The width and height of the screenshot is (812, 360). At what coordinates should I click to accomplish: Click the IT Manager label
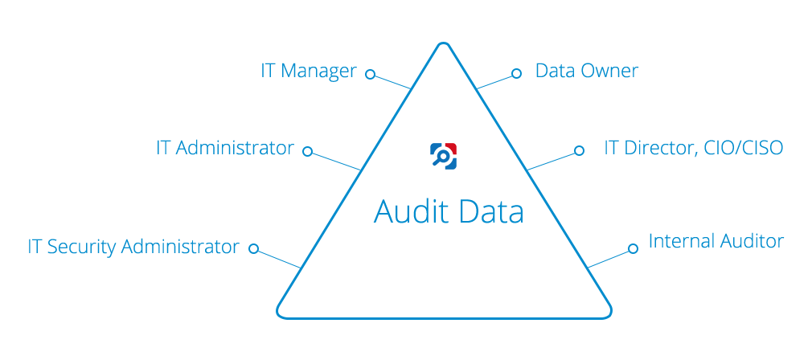pos(309,72)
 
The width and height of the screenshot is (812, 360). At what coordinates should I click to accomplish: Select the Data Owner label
pos(587,71)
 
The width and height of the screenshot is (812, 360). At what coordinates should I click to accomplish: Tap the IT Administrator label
pos(225,148)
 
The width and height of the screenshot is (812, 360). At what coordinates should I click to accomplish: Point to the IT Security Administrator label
pos(133,247)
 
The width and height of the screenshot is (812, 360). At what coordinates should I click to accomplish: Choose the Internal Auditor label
pos(716,241)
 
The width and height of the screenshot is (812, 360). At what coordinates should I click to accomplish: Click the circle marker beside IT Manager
pos(370,74)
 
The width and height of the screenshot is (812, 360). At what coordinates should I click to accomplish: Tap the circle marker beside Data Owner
pos(516,73)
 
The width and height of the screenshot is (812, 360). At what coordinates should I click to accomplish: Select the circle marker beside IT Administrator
pos(308,151)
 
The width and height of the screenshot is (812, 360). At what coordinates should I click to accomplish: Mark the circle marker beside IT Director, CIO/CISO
pos(580,150)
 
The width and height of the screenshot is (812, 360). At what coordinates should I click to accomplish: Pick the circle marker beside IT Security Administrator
pos(253,248)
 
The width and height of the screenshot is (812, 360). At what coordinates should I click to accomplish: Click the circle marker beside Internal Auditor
pos(633,249)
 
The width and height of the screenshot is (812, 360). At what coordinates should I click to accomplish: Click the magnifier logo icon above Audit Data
pos(443,156)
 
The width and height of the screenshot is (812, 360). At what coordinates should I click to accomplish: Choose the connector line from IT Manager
pos(392,82)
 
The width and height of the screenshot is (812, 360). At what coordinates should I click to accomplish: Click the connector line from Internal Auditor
pos(608,259)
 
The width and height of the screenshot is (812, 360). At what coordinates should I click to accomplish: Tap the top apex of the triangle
pos(443,43)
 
